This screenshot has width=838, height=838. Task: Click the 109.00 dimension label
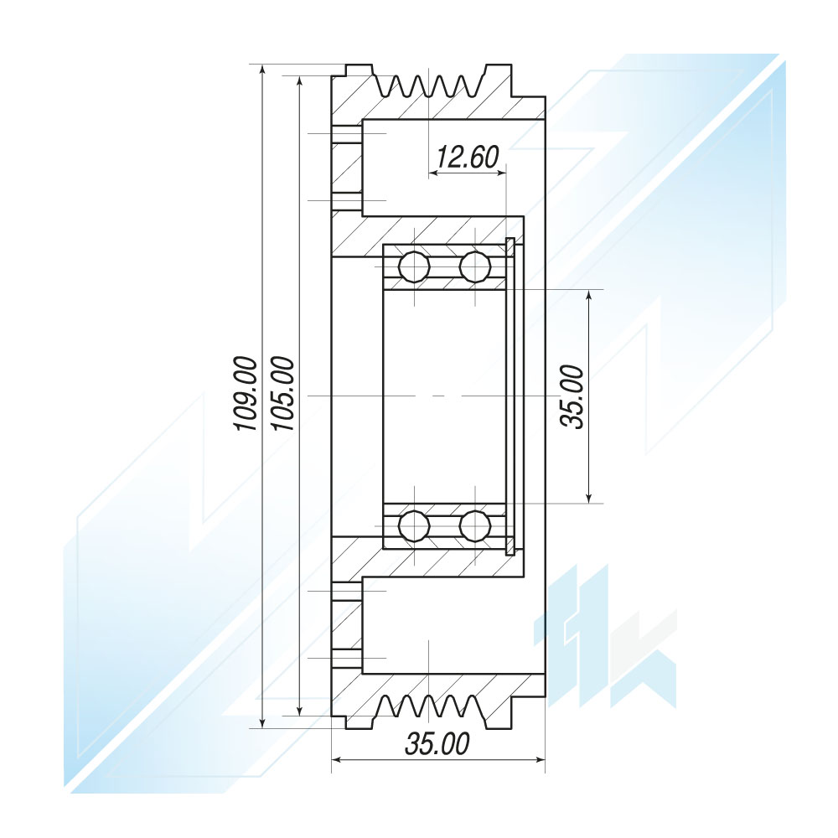pos(246,393)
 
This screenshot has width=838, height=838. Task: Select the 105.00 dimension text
pos(282,393)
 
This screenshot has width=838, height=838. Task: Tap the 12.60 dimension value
pos(467,157)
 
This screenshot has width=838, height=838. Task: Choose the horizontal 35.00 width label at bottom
pos(437,743)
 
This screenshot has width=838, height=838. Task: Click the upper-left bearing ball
pos(414,266)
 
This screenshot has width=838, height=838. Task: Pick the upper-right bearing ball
pos(475,266)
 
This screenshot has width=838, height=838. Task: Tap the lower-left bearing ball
pos(414,526)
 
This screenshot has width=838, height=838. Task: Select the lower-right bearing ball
pos(475,526)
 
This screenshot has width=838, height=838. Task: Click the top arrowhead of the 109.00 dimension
pos(261,70)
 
